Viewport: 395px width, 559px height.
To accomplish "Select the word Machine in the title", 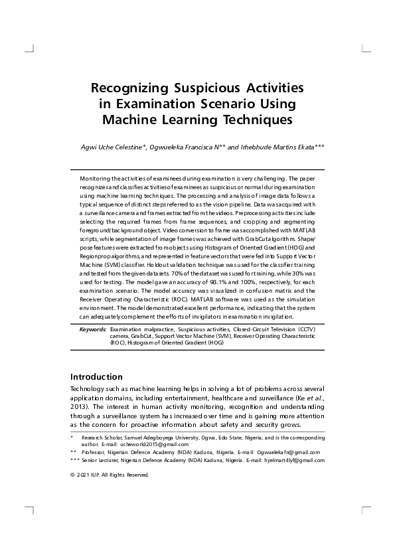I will [x=133, y=120].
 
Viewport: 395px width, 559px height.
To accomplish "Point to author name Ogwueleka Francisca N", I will [x=189, y=147].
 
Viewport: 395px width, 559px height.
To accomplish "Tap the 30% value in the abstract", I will [x=301, y=273].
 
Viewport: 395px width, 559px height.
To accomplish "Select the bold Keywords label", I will [x=92, y=329].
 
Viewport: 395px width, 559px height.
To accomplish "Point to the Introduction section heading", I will [x=96, y=376].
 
